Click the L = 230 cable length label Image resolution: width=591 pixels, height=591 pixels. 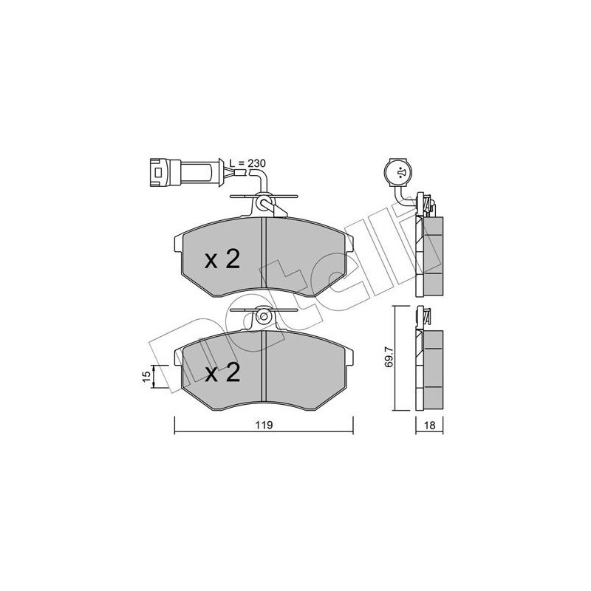click(x=247, y=163)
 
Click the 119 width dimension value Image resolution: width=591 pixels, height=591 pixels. click(x=264, y=426)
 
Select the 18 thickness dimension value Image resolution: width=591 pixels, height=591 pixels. click(x=429, y=426)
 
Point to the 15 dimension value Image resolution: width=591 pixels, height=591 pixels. click(x=147, y=376)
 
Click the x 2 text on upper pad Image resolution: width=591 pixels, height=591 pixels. click(x=222, y=260)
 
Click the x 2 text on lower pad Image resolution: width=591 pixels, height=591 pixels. click(x=222, y=373)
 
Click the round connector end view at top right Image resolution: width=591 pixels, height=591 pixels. click(x=399, y=173)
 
